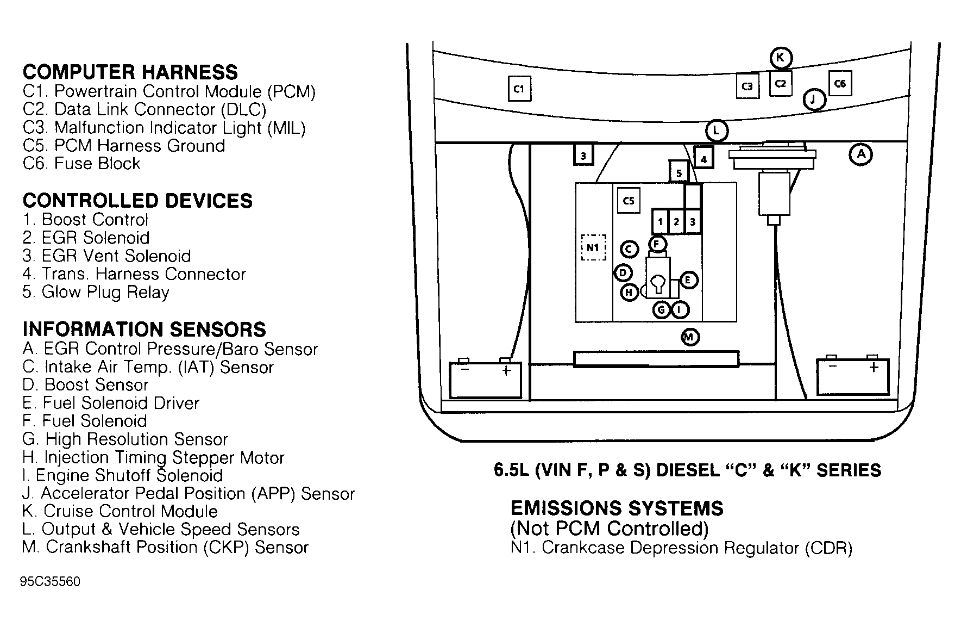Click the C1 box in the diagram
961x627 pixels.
click(519, 89)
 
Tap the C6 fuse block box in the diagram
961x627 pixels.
click(840, 84)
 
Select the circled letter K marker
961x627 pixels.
click(781, 58)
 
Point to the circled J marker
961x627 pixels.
click(814, 100)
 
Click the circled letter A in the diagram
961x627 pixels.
click(860, 154)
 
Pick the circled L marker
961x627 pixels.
click(717, 131)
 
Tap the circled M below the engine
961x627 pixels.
click(689, 337)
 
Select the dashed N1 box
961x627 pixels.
click(593, 247)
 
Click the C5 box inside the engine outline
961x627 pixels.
click(629, 201)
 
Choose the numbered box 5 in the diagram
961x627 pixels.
click(679, 173)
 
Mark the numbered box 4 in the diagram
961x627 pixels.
click(704, 159)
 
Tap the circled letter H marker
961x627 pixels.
click(629, 293)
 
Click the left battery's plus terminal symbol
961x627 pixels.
click(506, 371)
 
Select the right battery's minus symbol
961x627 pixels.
click(832, 367)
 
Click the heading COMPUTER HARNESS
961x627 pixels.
click(130, 72)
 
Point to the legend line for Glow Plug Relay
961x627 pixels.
click(96, 292)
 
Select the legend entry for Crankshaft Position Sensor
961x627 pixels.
click(165, 547)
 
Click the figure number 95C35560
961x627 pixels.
click(50, 582)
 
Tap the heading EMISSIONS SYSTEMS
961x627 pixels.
click(617, 508)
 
